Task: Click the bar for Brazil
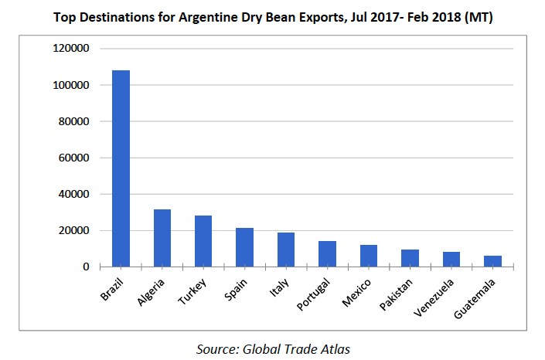point(121,168)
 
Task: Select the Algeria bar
point(162,238)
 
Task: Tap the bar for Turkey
point(203,241)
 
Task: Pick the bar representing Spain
point(244,247)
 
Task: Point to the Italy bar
point(286,250)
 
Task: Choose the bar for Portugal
point(327,254)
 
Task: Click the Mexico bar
point(368,256)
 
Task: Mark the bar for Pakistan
point(410,258)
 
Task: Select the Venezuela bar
point(451,260)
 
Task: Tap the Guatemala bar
point(492,261)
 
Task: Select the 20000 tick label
point(76,230)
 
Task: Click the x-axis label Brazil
point(113,287)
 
